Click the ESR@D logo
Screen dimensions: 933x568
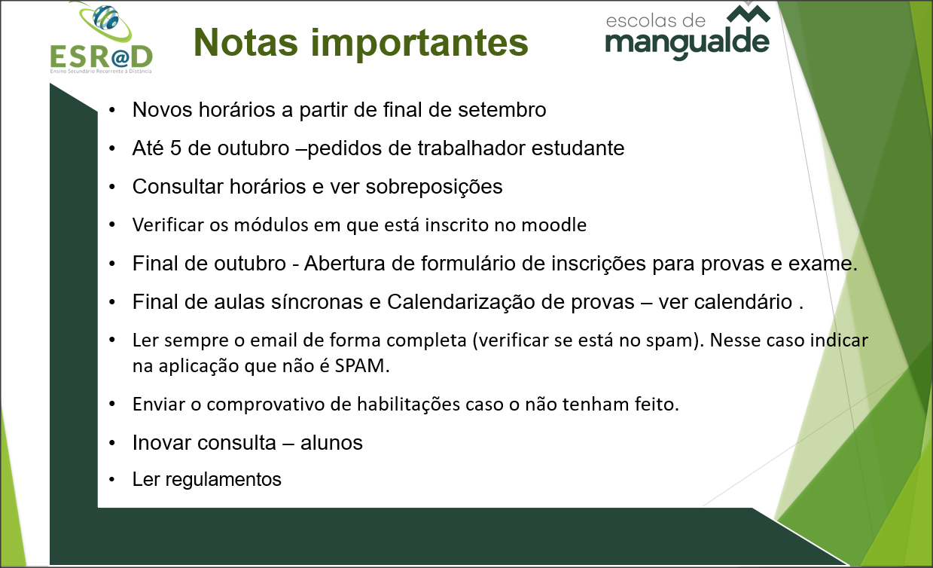coord(101,38)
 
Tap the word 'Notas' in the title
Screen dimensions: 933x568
coord(245,42)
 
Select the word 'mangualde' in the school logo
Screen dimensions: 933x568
coord(688,43)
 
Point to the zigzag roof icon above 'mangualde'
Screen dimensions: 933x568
coord(749,14)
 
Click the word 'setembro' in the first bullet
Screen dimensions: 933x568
coord(502,109)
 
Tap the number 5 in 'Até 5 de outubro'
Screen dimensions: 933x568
coord(175,148)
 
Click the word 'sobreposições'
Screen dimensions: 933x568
coord(434,187)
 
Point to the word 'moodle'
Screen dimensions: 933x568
coord(554,225)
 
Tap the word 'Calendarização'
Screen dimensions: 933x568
coord(461,302)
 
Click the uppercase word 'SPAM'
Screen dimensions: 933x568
coord(360,366)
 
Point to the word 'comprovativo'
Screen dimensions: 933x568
coord(265,405)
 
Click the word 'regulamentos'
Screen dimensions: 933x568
coord(223,480)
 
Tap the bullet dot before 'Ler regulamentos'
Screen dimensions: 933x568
coord(111,480)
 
